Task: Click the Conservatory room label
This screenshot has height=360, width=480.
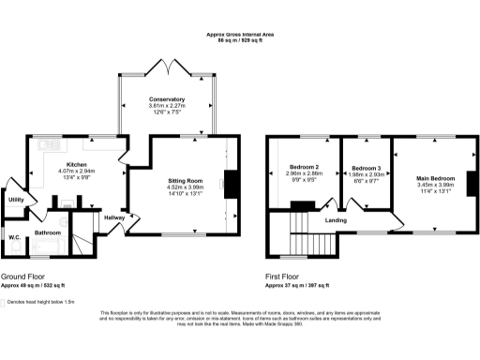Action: [x=166, y=99]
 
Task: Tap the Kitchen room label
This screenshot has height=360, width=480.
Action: [x=76, y=164]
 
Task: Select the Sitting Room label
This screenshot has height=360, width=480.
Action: [x=185, y=178]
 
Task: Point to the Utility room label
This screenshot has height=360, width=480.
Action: [x=16, y=200]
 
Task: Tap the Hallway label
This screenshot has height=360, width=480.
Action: [x=114, y=217]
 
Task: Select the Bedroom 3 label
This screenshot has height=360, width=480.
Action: [x=367, y=166]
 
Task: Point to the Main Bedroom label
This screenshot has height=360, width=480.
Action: [x=435, y=178]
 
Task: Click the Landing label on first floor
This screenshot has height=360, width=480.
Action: [x=337, y=221]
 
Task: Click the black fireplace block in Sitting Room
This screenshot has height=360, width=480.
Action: [x=230, y=186]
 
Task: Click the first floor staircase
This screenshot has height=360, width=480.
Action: [x=298, y=225]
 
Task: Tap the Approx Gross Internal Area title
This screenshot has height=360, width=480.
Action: [x=239, y=35]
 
